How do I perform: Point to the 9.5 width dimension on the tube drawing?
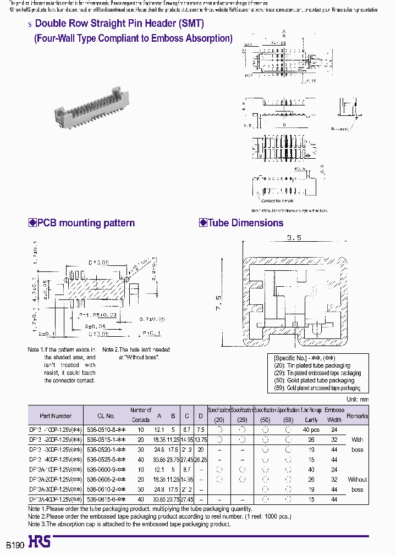coord(294,238)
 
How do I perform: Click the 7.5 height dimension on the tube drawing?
coord(218,303)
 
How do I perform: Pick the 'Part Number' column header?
coord(56,416)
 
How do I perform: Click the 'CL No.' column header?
coord(106,416)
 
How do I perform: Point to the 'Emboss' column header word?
coord(334,410)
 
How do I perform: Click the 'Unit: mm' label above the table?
coord(356,399)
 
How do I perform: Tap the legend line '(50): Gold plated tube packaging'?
coord(313,380)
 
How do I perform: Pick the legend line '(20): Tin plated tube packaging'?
coord(311,365)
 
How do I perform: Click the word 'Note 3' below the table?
coord(37,524)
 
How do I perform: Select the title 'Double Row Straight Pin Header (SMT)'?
coord(119,24)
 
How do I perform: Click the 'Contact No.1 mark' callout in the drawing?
coord(277,201)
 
